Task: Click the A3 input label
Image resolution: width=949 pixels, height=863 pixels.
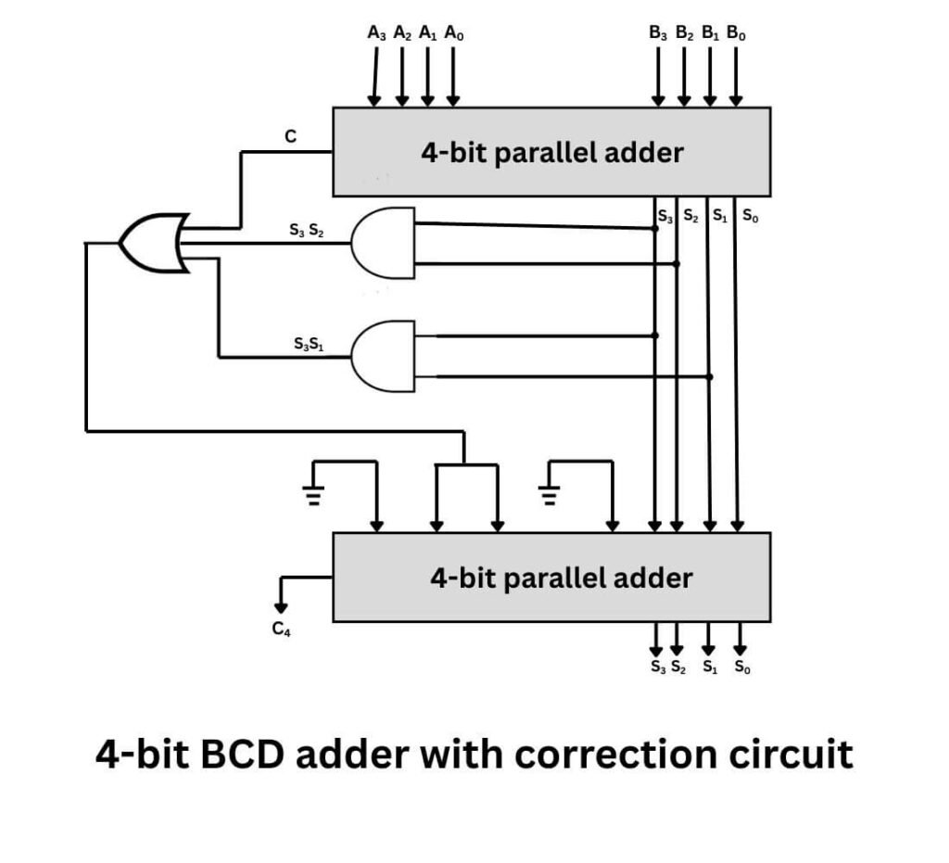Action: pyautogui.click(x=376, y=33)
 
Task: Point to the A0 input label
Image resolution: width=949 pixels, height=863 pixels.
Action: pyautogui.click(x=454, y=33)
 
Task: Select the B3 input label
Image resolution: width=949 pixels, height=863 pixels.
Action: pyautogui.click(x=659, y=33)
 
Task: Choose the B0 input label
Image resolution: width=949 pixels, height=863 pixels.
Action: pyautogui.click(x=737, y=33)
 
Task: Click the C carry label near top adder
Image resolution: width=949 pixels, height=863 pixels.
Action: pyautogui.click(x=290, y=136)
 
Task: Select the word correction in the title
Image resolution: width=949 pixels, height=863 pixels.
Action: pyautogui.click(x=614, y=755)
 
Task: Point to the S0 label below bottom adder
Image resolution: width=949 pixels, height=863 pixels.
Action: pyautogui.click(x=742, y=666)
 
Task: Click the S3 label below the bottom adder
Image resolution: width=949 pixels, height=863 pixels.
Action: pyautogui.click(x=657, y=666)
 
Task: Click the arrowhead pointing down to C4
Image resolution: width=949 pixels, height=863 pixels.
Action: pyautogui.click(x=281, y=607)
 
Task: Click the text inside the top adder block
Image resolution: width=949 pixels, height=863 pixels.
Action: pyautogui.click(x=551, y=152)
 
